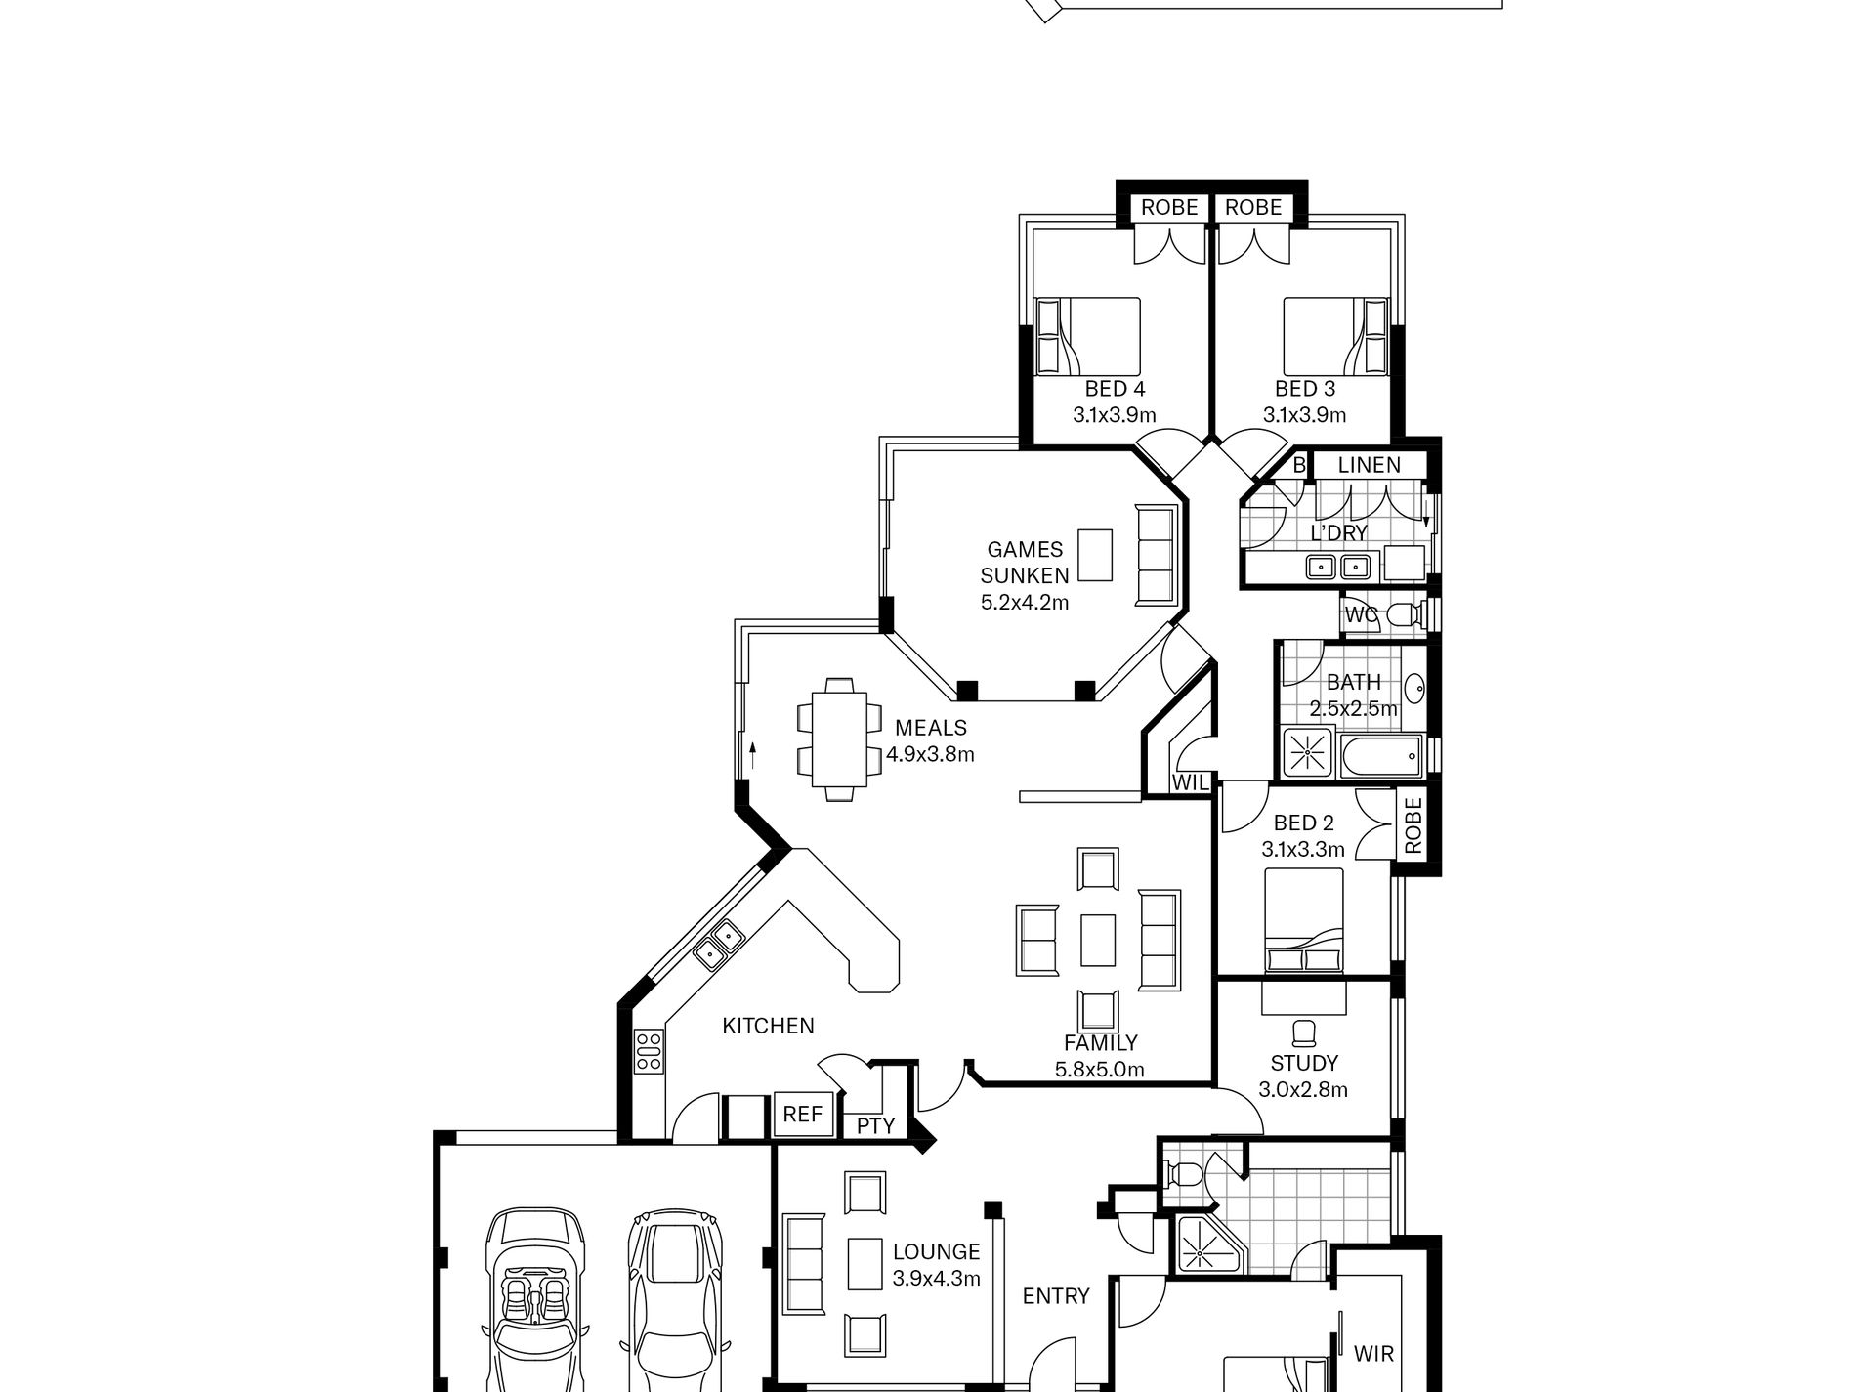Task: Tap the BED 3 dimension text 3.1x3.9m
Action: [1304, 415]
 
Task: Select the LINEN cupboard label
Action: [1369, 465]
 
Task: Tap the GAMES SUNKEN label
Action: [1025, 563]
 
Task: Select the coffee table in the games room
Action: [1095, 556]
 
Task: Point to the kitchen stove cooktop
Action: [649, 1051]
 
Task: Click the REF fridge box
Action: [803, 1114]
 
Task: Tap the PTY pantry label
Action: [875, 1125]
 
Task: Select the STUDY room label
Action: [1304, 1063]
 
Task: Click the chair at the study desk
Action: [1303, 1033]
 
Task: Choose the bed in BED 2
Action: [1303, 919]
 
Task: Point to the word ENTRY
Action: [1056, 1295]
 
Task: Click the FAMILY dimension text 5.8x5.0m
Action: [1100, 1070]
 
